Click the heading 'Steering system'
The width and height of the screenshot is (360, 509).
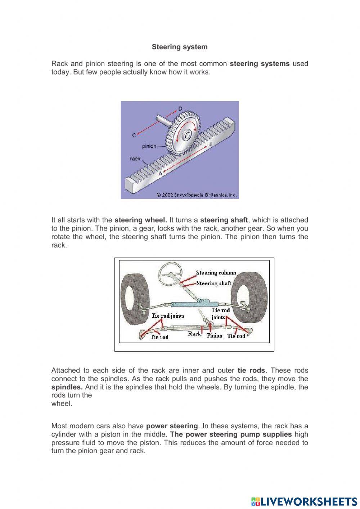[179, 47]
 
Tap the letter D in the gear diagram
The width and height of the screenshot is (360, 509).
[180, 108]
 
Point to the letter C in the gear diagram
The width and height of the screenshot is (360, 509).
[134, 135]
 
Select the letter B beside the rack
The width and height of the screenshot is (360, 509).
[210, 144]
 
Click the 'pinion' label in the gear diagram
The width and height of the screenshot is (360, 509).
[149, 146]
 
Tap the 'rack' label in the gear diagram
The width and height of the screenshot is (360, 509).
[135, 158]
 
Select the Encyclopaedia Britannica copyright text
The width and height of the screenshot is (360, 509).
[197, 195]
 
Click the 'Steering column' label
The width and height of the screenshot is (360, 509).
[216, 273]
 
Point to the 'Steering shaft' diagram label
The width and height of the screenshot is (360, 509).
[214, 283]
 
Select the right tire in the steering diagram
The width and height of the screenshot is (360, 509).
[250, 299]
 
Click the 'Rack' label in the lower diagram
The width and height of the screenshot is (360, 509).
[194, 334]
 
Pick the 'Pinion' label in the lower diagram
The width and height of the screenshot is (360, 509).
[215, 336]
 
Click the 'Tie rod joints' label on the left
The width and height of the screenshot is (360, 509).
[168, 316]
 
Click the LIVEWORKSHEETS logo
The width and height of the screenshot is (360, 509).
[304, 501]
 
